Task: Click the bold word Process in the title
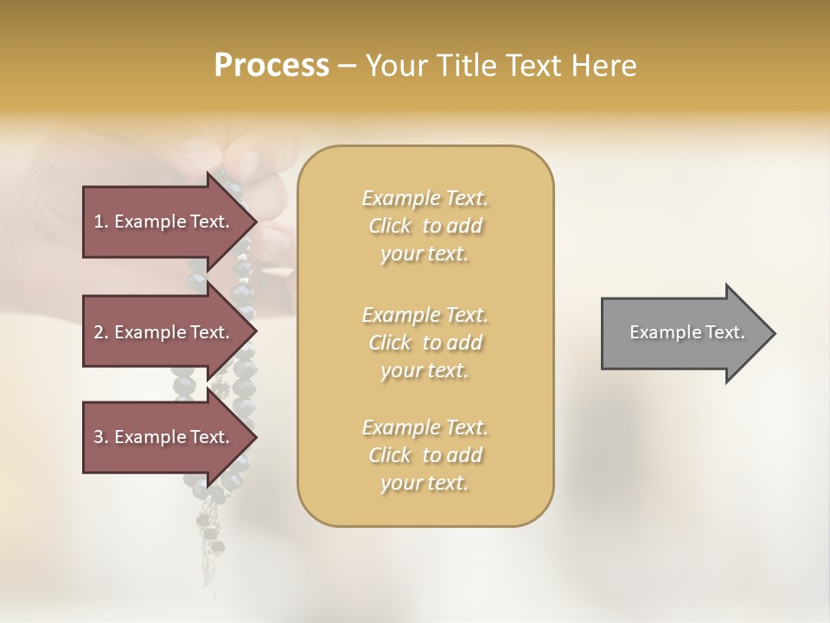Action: [x=271, y=65]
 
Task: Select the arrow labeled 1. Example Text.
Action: [x=164, y=222]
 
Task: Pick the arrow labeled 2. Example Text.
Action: [x=164, y=332]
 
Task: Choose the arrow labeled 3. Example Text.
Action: [x=164, y=437]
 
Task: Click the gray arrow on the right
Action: [x=683, y=333]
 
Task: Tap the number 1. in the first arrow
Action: [x=101, y=222]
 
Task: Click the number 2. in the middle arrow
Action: [x=101, y=332]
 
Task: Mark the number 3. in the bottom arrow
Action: [x=101, y=437]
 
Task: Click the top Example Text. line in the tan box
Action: [x=425, y=198]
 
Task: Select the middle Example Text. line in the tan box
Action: [x=425, y=314]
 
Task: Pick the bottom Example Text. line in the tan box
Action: [x=425, y=427]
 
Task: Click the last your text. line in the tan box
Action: [x=425, y=484]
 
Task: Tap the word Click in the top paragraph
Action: [x=390, y=226]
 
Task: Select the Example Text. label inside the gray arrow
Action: [x=686, y=332]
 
